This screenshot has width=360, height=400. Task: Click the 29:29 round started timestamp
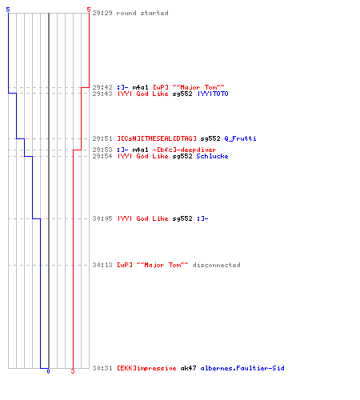click(102, 13)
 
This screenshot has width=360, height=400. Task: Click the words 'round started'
click(142, 13)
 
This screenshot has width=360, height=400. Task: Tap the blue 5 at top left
click(8, 10)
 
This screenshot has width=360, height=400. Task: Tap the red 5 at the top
click(89, 10)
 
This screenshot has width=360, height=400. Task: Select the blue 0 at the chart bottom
click(48, 371)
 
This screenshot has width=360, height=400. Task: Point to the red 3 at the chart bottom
click(73, 371)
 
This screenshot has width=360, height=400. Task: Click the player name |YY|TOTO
click(213, 94)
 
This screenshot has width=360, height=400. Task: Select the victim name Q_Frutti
click(240, 138)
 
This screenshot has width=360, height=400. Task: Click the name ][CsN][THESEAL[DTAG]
click(157, 138)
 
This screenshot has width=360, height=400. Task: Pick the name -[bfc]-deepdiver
click(184, 150)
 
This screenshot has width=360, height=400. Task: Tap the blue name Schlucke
click(212, 156)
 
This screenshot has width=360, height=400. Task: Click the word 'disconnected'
click(216, 265)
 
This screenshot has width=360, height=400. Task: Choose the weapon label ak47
click(188, 368)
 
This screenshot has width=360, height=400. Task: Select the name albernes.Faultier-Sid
click(242, 368)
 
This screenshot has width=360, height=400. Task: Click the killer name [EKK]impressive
click(146, 368)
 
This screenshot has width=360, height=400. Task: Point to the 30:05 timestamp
click(102, 218)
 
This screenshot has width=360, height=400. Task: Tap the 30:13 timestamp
click(102, 265)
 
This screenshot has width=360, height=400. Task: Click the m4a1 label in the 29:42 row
click(140, 87)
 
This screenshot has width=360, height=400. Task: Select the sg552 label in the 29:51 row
click(210, 138)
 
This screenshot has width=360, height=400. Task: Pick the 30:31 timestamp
click(102, 368)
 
